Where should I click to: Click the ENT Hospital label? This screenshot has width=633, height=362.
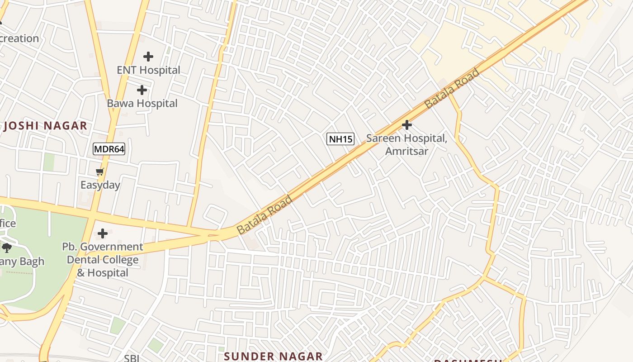click(148, 70)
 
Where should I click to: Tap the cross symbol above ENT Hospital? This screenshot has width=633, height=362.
click(148, 57)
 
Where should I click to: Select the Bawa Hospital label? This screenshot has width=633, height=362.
click(142, 103)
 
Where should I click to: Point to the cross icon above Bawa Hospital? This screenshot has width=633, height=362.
click(142, 90)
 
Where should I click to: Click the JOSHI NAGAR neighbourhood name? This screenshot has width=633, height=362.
click(45, 126)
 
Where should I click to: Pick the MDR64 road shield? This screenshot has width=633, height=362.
click(109, 149)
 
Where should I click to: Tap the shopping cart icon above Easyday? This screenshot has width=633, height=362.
click(100, 172)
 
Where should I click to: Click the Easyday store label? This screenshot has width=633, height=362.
click(100, 185)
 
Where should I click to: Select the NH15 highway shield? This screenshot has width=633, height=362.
click(340, 139)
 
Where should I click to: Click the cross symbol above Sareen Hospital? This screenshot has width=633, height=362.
click(407, 124)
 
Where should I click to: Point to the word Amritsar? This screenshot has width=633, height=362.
click(406, 151)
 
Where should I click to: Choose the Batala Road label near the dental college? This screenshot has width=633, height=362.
click(265, 214)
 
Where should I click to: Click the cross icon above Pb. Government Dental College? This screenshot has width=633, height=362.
click(103, 233)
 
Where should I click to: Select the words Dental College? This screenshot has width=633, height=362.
click(103, 260)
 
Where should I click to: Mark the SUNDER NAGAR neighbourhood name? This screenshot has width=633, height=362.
click(273, 356)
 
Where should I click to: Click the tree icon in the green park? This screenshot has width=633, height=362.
click(7, 248)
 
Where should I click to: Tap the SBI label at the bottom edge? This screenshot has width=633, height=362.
click(132, 358)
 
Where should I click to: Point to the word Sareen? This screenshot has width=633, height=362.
click(383, 138)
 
